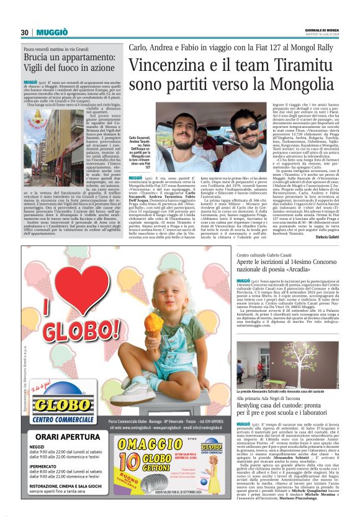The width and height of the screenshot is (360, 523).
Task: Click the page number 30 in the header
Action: click(x=25, y=32)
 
